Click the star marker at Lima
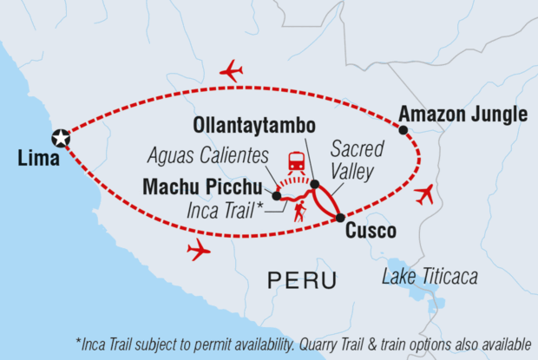point(61,138)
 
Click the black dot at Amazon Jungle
point(403,130)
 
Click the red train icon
point(297,161)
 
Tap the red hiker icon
point(299,211)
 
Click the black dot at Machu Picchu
point(276,196)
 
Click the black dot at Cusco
point(339,217)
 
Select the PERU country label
point(299,280)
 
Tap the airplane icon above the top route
point(231,70)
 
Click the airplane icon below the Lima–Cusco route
point(199,251)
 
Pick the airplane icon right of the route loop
point(424,194)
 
